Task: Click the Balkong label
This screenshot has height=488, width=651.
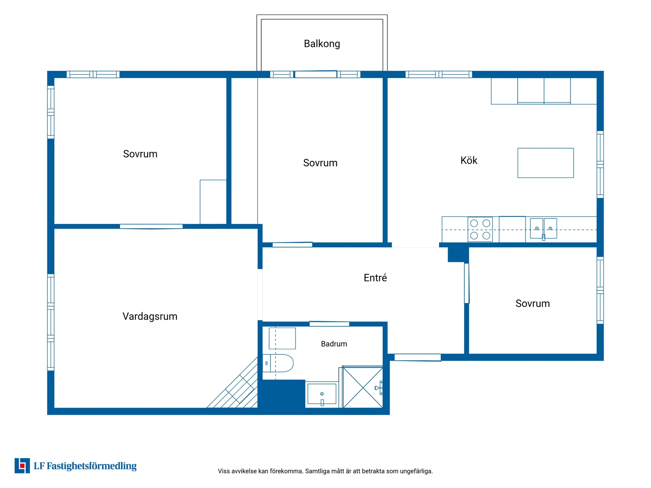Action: click(322, 44)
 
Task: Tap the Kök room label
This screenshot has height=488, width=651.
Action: click(469, 160)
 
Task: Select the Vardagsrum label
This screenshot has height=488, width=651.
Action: click(150, 317)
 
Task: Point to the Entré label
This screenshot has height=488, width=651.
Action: click(375, 278)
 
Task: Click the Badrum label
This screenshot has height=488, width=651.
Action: click(334, 344)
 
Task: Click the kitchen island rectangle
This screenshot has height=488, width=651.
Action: click(545, 163)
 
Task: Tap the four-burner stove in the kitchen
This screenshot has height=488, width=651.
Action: click(480, 229)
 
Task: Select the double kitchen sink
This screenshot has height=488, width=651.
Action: click(543, 229)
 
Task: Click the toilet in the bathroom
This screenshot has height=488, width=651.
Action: click(278, 363)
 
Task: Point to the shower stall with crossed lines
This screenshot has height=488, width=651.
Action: click(363, 387)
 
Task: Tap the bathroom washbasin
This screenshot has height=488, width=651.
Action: click(322, 394)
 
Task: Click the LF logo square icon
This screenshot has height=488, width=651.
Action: click(22, 466)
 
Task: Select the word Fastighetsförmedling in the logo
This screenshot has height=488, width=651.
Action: click(92, 466)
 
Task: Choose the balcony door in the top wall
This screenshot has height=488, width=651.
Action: click(315, 74)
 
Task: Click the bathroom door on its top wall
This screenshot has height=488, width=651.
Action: click(329, 324)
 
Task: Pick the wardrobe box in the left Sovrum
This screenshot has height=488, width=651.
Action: click(213, 202)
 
